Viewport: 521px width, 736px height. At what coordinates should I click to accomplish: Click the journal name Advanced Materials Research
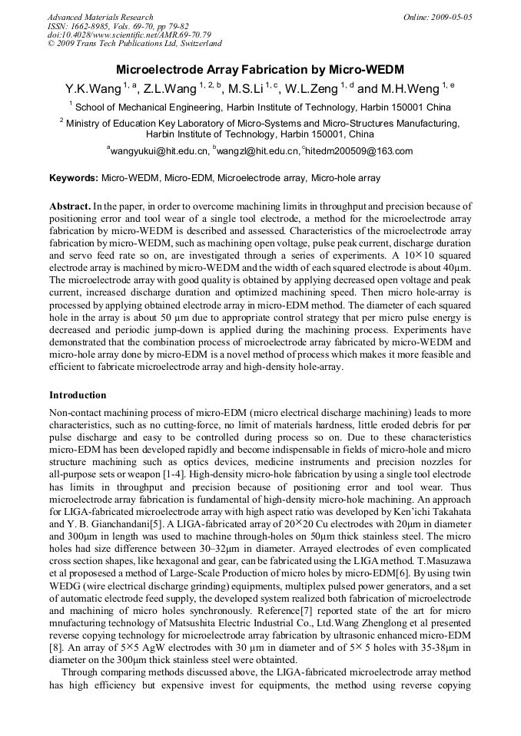tap(100, 17)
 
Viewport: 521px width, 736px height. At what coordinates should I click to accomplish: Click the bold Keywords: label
tap(74, 178)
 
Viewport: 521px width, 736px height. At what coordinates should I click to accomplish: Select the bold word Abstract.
tap(70, 207)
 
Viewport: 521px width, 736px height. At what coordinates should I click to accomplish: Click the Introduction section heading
tap(78, 395)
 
